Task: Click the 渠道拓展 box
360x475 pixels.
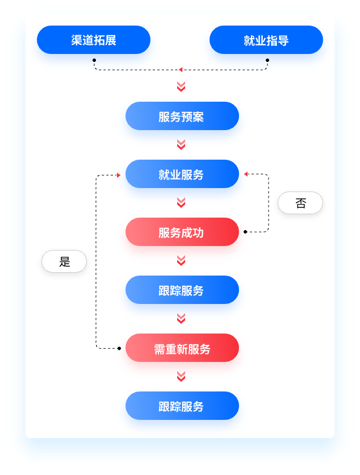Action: tap(94, 40)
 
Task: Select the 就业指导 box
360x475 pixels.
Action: tap(266, 40)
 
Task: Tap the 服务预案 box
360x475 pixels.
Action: tap(182, 116)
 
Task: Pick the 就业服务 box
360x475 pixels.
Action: tap(182, 174)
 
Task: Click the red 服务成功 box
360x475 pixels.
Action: tap(182, 232)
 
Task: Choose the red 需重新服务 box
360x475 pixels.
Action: tap(182, 348)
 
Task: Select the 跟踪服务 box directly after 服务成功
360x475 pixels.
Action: tap(182, 290)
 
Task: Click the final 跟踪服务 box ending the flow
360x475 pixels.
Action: tap(182, 406)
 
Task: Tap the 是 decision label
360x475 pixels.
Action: tap(64, 262)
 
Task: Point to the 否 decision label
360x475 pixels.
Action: tap(300, 203)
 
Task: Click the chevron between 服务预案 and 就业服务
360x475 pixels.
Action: tap(181, 145)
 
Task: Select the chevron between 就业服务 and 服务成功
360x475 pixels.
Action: tap(181, 203)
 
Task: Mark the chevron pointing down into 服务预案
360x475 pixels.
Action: tap(181, 87)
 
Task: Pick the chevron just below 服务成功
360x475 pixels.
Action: tap(181, 261)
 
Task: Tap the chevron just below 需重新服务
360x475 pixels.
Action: tap(181, 377)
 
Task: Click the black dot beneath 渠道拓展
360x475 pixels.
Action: tap(94, 60)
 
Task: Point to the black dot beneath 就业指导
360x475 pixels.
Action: tap(267, 60)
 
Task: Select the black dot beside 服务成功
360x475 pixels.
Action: tap(245, 232)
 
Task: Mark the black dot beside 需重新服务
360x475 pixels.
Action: tap(119, 348)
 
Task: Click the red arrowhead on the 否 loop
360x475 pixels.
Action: tap(246, 174)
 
